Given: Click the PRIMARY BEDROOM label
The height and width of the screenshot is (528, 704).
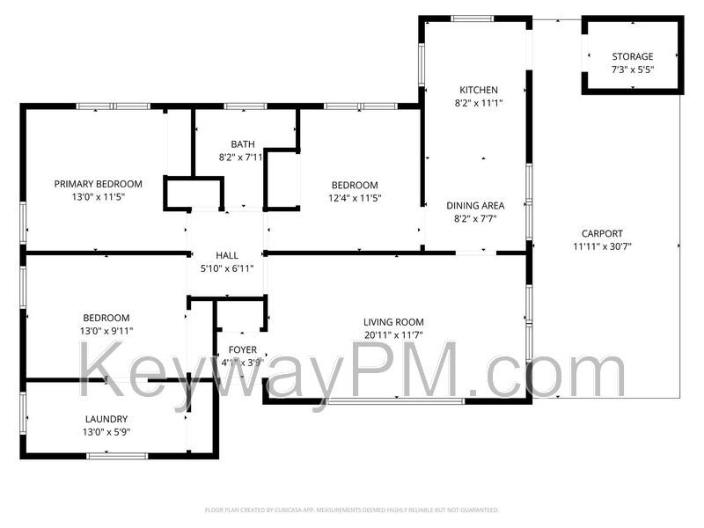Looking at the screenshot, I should click(x=98, y=184).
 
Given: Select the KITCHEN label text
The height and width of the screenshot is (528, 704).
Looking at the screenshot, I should click(x=479, y=90).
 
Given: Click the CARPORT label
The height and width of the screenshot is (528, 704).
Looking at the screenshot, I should click(x=602, y=233).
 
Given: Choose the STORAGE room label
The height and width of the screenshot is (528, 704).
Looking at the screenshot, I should click(x=633, y=56).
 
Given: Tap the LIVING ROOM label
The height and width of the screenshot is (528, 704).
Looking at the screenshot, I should click(x=394, y=322).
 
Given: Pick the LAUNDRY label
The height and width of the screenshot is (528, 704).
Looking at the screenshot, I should click(x=106, y=419).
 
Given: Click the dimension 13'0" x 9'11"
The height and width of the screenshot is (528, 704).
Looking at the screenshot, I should click(x=106, y=331).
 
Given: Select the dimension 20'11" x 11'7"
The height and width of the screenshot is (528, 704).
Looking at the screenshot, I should click(x=394, y=335).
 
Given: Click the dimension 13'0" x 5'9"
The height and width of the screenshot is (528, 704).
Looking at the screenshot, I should click(x=106, y=432).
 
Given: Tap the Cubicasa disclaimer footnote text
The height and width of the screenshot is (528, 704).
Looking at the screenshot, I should click(x=351, y=510).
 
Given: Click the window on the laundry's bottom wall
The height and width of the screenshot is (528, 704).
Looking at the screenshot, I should click(x=117, y=455).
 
